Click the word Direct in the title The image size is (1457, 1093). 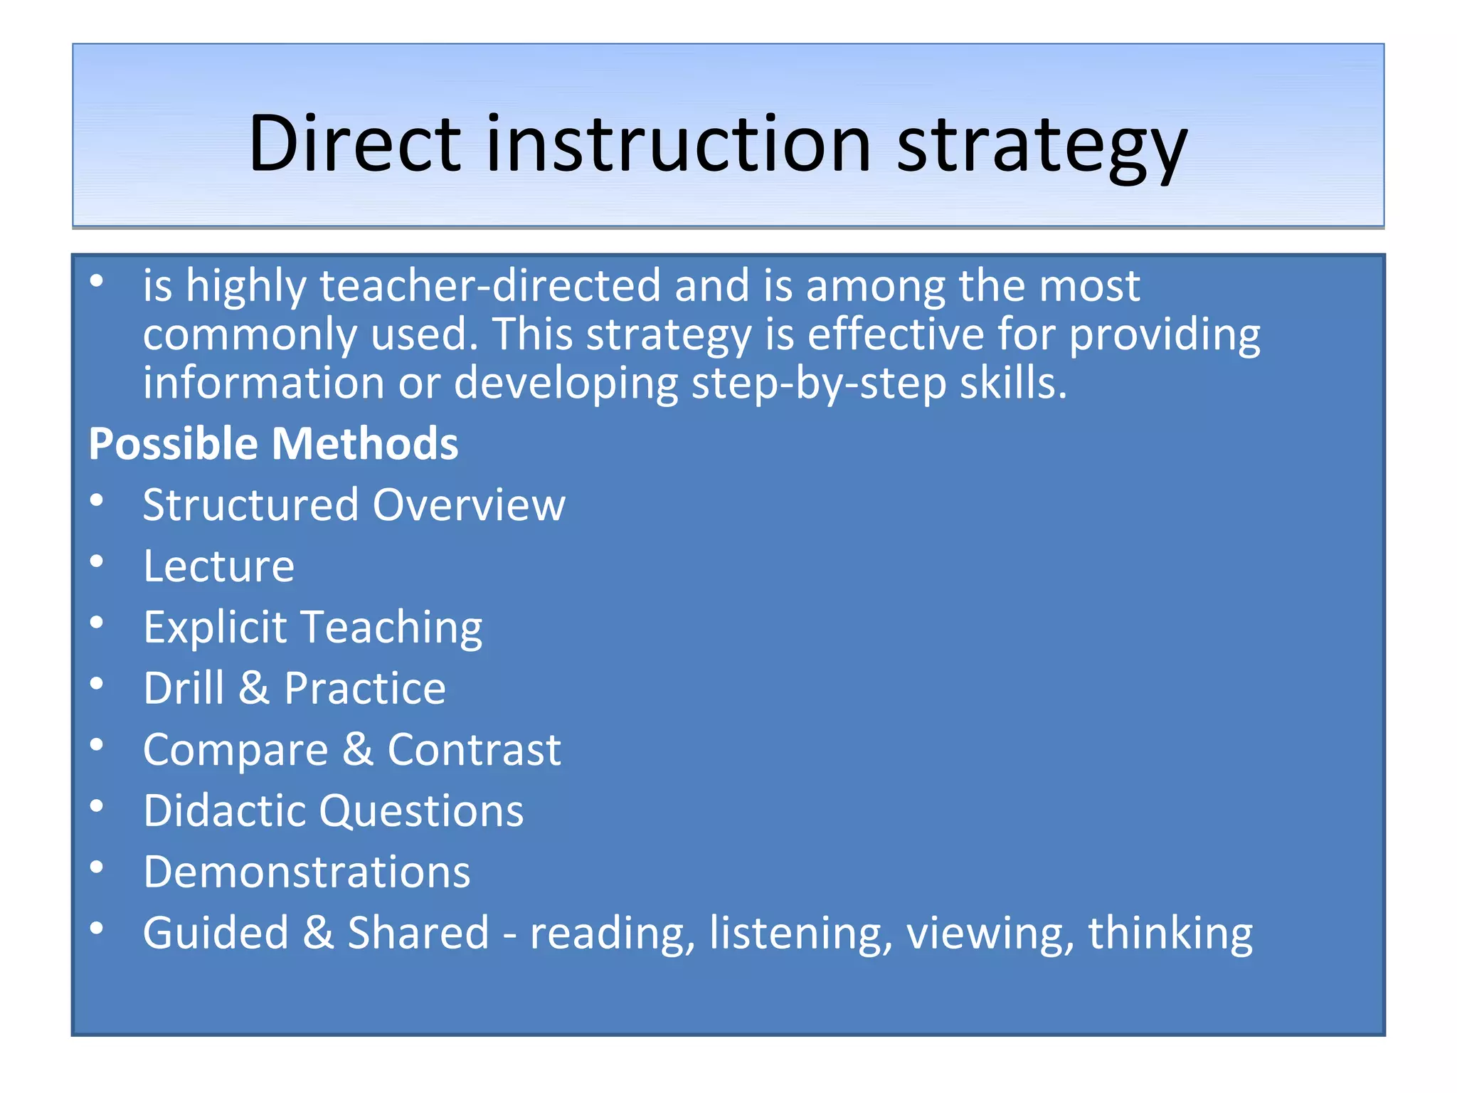coord(355,144)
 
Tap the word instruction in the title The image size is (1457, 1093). coord(679,144)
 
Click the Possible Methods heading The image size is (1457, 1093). coord(273,444)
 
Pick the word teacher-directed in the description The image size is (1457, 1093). coord(490,285)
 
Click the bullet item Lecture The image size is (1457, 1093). coord(218,566)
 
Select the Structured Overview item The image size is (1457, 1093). coord(354,505)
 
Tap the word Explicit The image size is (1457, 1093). coord(215,628)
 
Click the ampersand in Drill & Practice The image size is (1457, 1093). coord(254,688)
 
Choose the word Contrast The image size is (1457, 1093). coord(474,749)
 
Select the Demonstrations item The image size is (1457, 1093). coord(307,872)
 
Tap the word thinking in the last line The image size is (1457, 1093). coord(1170,933)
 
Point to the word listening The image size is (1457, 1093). coord(800,933)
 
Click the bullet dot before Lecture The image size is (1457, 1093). coord(97,562)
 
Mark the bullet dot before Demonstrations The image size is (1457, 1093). coord(97,867)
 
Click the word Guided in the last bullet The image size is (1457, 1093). coord(216,933)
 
